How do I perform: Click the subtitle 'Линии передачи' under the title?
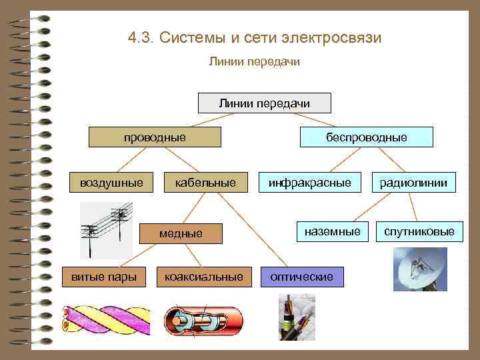click(x=255, y=62)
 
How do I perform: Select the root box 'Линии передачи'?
click(x=265, y=103)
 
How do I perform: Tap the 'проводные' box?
click(x=155, y=137)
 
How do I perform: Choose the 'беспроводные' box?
click(x=366, y=137)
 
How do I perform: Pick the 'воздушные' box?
click(x=111, y=182)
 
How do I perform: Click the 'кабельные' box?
click(x=205, y=182)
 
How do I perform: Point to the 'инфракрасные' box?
click(x=309, y=182)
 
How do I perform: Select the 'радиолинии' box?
click(x=414, y=182)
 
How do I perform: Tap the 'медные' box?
click(x=181, y=233)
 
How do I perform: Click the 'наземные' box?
click(x=331, y=231)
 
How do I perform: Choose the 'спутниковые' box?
click(x=419, y=231)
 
